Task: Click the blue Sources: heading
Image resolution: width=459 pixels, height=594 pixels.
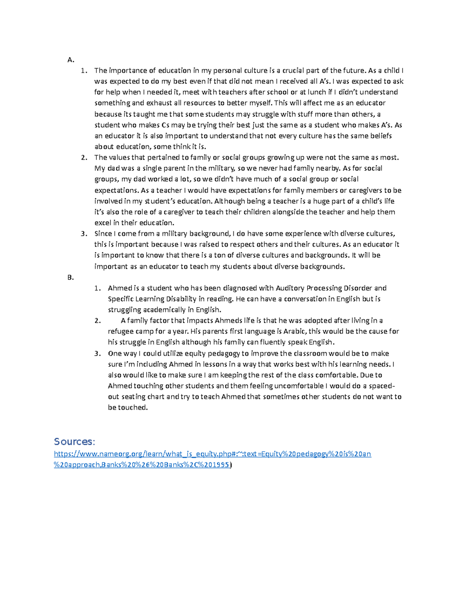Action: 74,442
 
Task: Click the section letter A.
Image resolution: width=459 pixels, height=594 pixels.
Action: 70,60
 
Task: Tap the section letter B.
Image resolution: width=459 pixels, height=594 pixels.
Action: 70,278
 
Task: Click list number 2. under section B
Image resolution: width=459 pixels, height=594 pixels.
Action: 98,321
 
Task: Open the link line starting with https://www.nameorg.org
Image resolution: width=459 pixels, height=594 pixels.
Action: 212,454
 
